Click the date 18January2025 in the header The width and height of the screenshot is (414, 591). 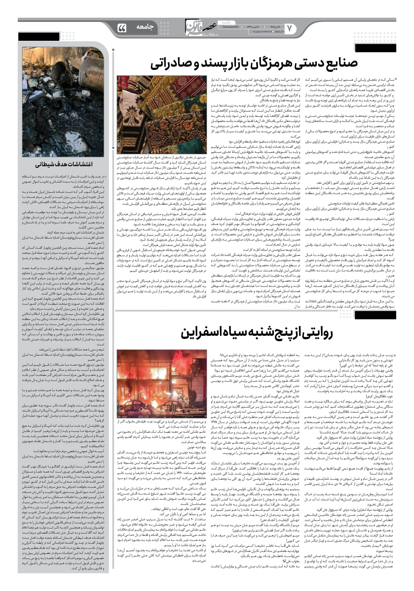pyautogui.click(x=229, y=27)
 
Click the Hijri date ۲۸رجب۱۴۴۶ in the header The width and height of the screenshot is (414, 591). pyautogui.click(x=255, y=27)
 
